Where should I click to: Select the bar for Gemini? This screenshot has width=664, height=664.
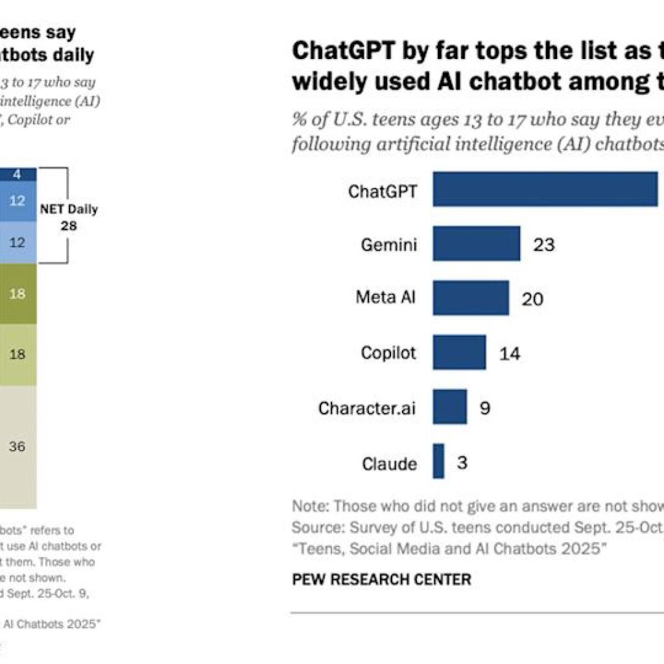pyautogui.click(x=477, y=244)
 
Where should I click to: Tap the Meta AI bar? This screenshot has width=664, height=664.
pyautogui.click(x=471, y=298)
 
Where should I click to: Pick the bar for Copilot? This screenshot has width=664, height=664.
pyautogui.click(x=460, y=352)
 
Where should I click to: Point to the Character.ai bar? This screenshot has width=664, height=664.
pyautogui.click(x=450, y=407)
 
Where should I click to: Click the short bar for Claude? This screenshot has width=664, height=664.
pyautogui.click(x=439, y=461)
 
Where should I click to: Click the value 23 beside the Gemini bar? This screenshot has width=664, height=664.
pyautogui.click(x=543, y=244)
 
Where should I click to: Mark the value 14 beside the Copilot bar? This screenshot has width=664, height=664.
pyautogui.click(x=510, y=353)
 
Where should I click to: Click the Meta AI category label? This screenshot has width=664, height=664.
pyautogui.click(x=386, y=298)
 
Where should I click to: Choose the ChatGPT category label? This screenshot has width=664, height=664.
pyautogui.click(x=383, y=191)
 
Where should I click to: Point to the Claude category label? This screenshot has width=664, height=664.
pyautogui.click(x=389, y=464)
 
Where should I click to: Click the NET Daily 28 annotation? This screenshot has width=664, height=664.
pyautogui.click(x=69, y=217)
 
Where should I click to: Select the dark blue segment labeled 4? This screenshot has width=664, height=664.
pyautogui.click(x=18, y=174)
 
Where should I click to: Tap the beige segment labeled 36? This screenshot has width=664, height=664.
pyautogui.click(x=18, y=446)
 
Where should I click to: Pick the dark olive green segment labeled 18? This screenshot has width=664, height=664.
pyautogui.click(x=18, y=294)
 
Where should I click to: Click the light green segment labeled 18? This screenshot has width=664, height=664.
pyautogui.click(x=18, y=354)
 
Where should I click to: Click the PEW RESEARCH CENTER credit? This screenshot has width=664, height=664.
pyautogui.click(x=381, y=579)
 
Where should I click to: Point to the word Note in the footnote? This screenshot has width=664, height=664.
pyautogui.click(x=309, y=506)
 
